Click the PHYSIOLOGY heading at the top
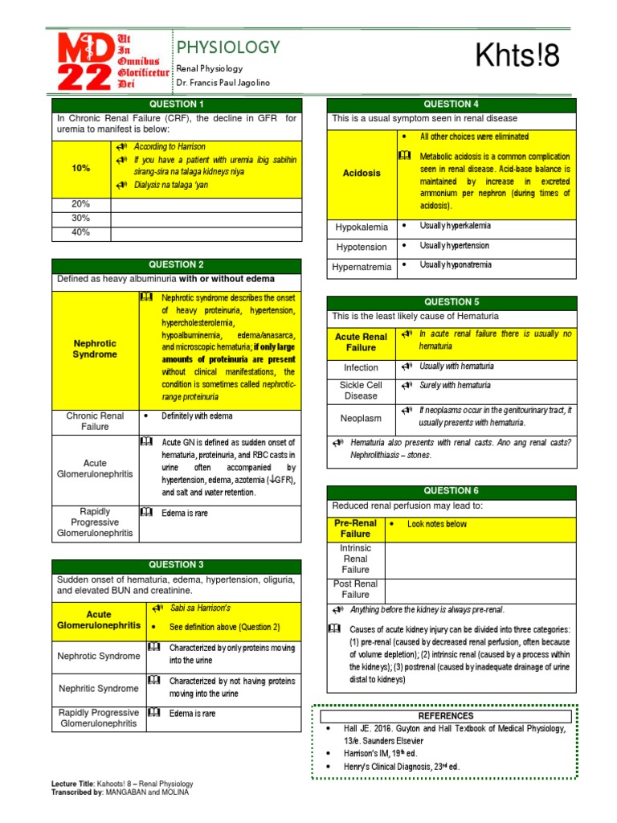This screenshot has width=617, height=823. pos(227,47)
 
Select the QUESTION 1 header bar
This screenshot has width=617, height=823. pos(177,104)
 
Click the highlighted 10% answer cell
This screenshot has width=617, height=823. pos(80,168)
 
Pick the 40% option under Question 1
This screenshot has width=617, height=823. pos(80,233)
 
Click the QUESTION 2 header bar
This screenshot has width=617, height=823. pos(177,264)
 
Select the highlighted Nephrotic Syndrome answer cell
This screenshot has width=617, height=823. pos(95,349)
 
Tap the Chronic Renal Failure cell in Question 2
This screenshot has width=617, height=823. pos(95,421)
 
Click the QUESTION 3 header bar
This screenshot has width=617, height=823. pos(177,565)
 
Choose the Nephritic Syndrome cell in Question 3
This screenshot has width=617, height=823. pos(98,688)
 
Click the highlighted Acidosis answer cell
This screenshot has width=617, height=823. pos(361,174)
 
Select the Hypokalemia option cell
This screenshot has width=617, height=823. pos(361,227)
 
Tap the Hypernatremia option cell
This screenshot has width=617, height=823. pos(361,267)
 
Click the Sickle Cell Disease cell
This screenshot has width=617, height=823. pos(361,390)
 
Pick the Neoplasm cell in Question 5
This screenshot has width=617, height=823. pos(361,418)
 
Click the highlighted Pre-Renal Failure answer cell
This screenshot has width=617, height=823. pos(356,528)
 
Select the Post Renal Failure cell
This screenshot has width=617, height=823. pos(356,589)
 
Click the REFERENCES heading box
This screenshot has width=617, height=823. pos(446,715)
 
